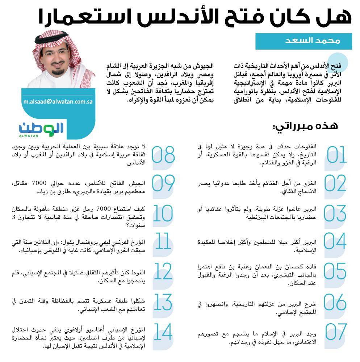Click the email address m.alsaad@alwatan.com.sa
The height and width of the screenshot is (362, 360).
click(57, 101)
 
